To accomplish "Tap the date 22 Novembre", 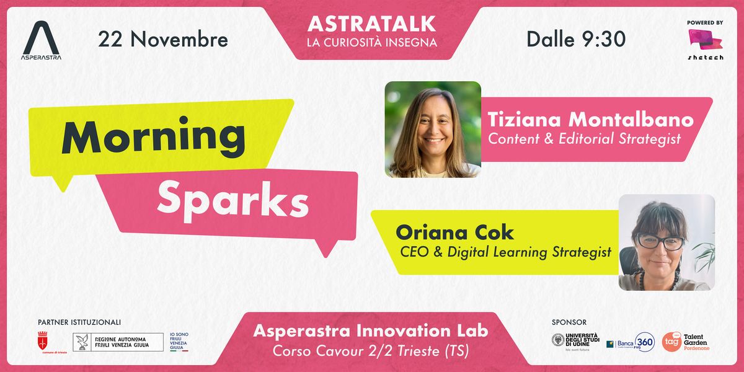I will pos(163,40).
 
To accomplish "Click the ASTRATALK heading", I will pos(371,24).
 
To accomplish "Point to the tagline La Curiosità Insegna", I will pos(371,43).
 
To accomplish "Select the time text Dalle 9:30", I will pos(576,40).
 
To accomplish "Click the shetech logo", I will pos(705,43).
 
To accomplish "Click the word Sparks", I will pos(232,200).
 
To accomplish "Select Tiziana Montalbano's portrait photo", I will pos(433,129).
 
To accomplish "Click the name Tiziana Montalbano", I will pos(590,119).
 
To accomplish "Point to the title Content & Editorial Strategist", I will pos(584,139).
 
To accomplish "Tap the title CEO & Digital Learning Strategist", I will pos(505,252).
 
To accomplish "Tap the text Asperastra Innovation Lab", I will pos(371,331).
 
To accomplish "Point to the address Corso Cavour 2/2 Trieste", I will pos(371,351).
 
